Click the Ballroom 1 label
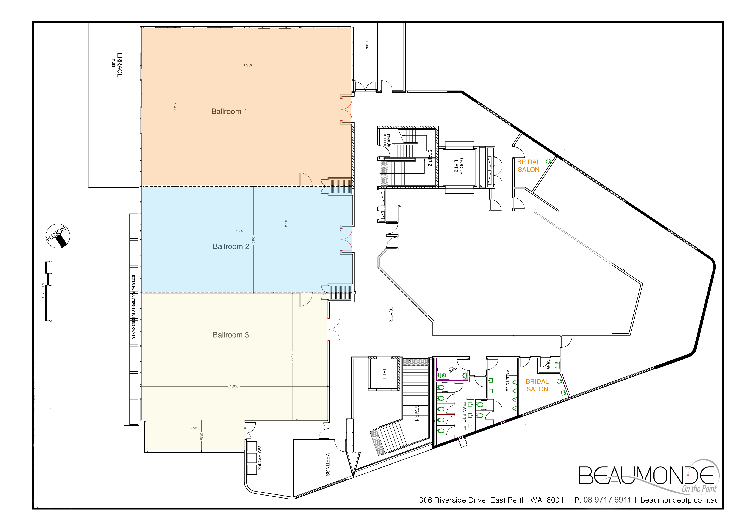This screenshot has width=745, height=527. [229, 111]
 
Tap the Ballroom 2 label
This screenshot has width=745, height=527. [231, 246]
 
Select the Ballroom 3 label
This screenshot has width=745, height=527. [231, 335]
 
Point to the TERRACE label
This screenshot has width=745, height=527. [120, 63]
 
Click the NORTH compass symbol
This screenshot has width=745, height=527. [58, 236]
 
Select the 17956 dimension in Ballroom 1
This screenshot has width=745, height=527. [248, 65]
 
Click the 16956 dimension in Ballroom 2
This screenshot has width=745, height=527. [240, 231]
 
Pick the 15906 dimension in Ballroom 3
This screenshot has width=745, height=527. [234, 386]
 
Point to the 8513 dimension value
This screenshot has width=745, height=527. [195, 428]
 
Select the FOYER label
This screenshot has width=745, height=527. [391, 314]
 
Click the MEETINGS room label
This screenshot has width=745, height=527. [328, 464]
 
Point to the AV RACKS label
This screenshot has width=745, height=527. [259, 458]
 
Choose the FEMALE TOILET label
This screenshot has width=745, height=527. [464, 416]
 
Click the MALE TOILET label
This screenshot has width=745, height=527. [508, 381]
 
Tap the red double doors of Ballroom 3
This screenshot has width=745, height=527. [334, 329]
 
